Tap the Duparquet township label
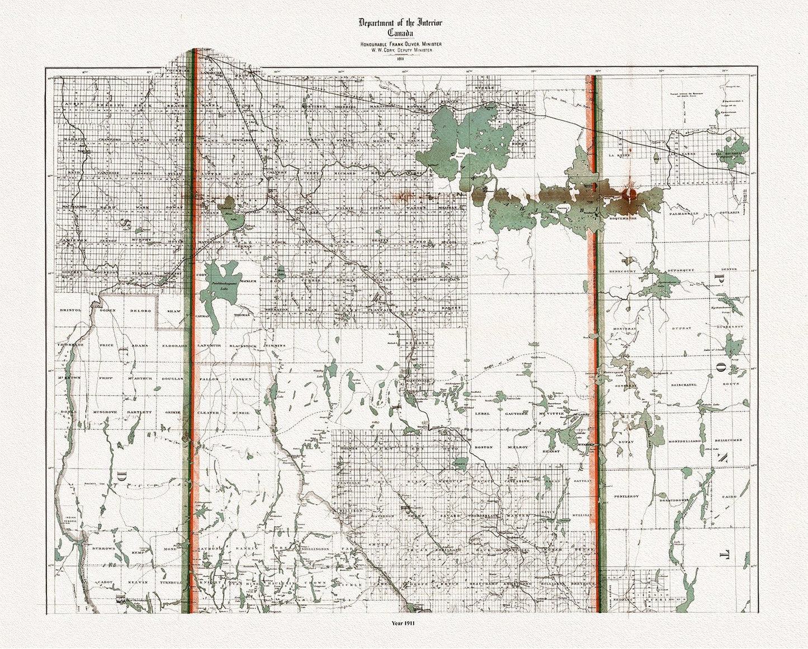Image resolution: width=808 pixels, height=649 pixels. (x=681, y=270)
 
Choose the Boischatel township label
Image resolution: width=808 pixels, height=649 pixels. (x=681, y=384)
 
